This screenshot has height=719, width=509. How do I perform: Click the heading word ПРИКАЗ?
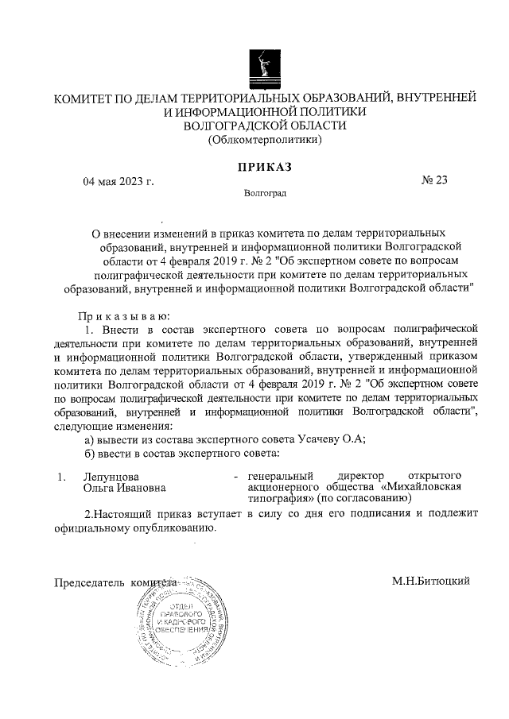tap(263, 167)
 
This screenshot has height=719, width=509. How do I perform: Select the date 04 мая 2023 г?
tap(119, 181)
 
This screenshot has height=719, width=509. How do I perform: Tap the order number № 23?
tap(434, 180)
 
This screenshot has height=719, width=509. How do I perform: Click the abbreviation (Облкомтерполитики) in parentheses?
tap(264, 141)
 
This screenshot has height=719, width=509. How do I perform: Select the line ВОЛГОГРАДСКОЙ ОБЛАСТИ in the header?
tap(264, 126)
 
